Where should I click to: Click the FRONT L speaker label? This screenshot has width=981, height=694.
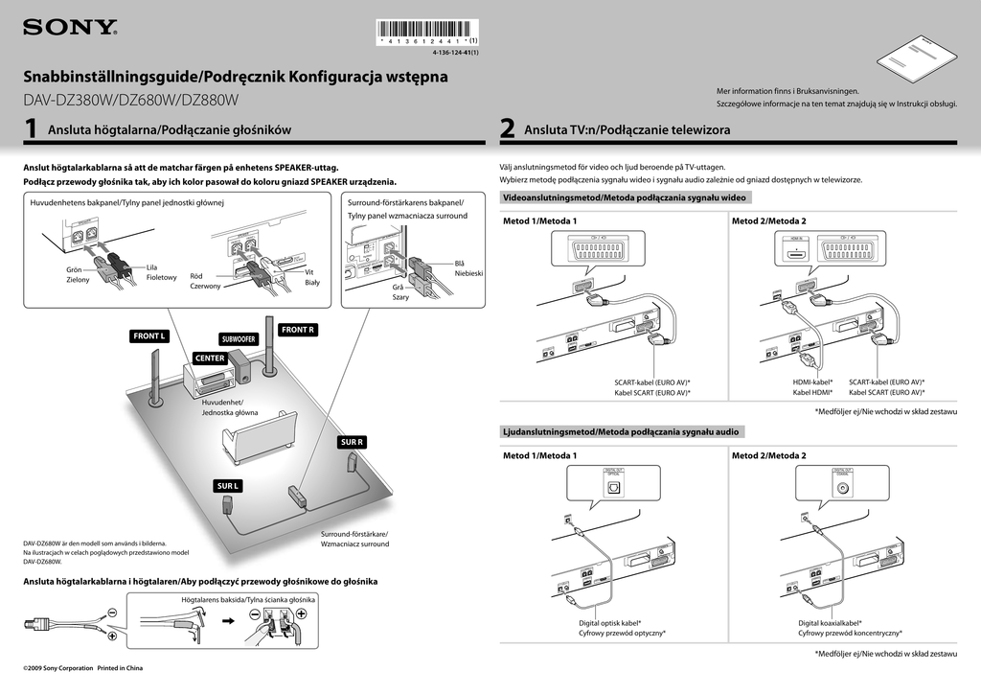point(150,336)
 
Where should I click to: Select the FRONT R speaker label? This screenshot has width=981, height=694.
point(298,331)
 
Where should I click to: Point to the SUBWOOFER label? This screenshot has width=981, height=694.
point(239,339)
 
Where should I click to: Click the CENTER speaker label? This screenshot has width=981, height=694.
point(210,359)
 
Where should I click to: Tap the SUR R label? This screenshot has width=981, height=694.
point(353,442)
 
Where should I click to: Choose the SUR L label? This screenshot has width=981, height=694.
point(228,486)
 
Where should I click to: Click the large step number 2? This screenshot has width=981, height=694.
point(508,129)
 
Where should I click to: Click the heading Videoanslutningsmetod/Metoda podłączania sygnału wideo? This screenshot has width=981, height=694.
point(624,197)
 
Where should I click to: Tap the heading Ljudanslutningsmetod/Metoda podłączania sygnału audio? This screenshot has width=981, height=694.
point(621,431)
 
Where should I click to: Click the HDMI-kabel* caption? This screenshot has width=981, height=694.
point(812,382)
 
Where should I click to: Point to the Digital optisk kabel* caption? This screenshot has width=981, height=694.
point(609,622)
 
